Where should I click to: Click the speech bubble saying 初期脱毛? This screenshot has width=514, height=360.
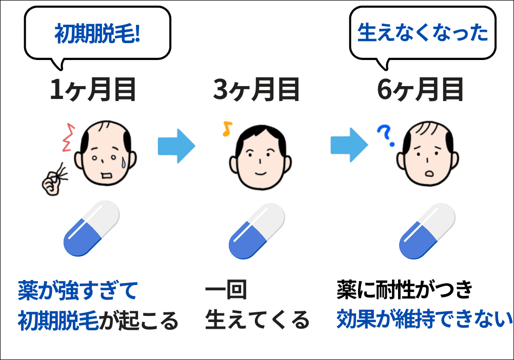pyautogui.click(x=97, y=34)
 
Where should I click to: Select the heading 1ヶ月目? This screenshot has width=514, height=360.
pyautogui.click(x=92, y=90)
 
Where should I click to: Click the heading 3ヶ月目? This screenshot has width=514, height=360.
pyautogui.click(x=256, y=90)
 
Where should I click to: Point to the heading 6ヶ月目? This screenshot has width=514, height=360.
pyautogui.click(x=421, y=90)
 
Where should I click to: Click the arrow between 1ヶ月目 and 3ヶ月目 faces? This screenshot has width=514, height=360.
pyautogui.click(x=176, y=146)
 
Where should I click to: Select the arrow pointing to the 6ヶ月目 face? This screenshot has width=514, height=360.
pyautogui.click(x=349, y=146)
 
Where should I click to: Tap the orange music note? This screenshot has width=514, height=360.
pyautogui.click(x=226, y=129)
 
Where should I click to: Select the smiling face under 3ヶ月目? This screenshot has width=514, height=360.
pyautogui.click(x=259, y=154)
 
